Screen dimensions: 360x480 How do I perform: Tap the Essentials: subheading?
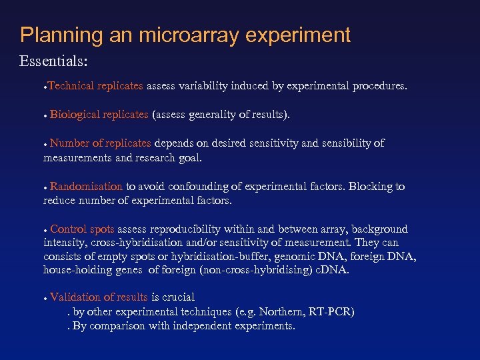point(54,62)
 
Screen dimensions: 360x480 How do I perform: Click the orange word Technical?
point(71,86)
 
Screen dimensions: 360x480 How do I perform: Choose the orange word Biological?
point(75,115)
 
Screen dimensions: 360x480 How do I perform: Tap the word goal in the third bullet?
point(189,158)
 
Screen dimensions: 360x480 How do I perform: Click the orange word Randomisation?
point(86,187)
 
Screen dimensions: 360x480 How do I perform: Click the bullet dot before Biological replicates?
point(45,116)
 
